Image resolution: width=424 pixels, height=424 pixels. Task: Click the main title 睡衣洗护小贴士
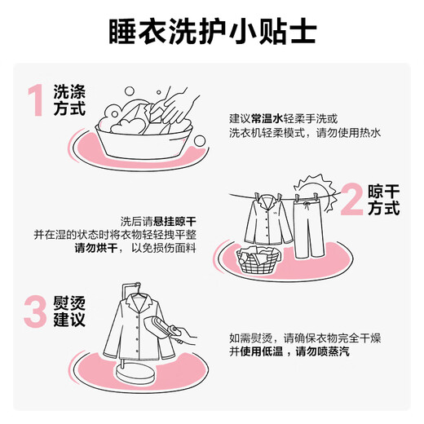point(213,32)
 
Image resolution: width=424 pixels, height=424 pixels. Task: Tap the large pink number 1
point(35,100)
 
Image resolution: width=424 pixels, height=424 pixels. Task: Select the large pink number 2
point(351,199)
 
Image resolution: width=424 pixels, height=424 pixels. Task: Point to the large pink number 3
point(35,311)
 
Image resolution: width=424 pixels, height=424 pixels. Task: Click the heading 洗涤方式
point(69,100)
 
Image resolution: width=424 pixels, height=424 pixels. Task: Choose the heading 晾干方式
point(384,200)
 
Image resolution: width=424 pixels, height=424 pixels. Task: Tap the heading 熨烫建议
point(69,311)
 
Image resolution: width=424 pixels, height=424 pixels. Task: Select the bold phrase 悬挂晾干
point(174,222)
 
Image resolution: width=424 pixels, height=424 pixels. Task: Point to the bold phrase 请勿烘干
point(96,248)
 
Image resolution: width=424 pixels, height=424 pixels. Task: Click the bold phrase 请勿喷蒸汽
point(322,351)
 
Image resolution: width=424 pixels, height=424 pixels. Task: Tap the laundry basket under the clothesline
point(258,260)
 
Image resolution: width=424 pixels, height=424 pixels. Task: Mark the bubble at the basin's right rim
point(200,141)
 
